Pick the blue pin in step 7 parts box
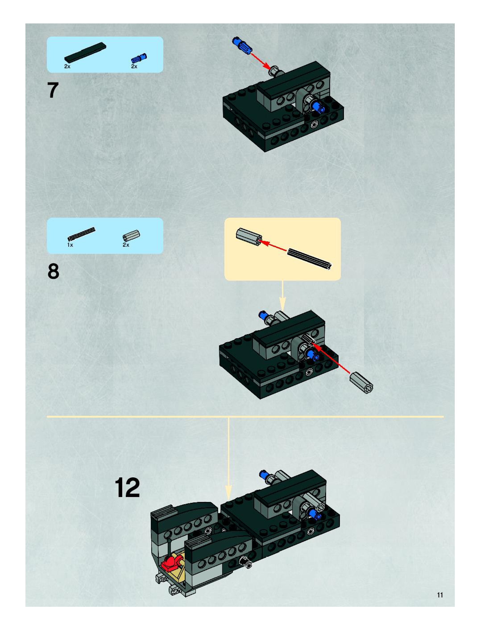(x=139, y=58)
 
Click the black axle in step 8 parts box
(x=81, y=234)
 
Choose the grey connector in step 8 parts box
(x=131, y=235)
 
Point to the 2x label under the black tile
(x=67, y=66)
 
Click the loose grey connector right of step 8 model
(x=361, y=382)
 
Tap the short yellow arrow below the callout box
(x=282, y=296)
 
